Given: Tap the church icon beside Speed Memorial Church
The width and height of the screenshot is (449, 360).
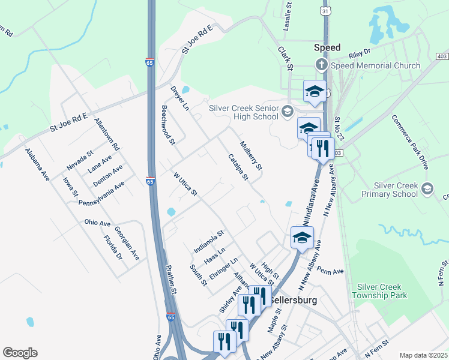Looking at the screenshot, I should (322, 65).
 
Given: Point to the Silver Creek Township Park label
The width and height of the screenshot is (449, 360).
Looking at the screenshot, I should (390, 291).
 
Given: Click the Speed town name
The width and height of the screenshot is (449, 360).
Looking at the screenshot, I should (327, 47).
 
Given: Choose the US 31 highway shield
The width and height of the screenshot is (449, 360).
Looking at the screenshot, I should (325, 11).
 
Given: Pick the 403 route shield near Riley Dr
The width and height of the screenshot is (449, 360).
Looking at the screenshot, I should (442, 56).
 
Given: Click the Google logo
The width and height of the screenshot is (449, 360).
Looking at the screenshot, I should (20, 353).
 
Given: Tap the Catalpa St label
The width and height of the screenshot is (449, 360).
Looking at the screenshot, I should (238, 167).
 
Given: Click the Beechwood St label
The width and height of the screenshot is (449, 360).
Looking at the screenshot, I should (167, 126).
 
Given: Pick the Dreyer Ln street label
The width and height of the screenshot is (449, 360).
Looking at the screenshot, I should (179, 98).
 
